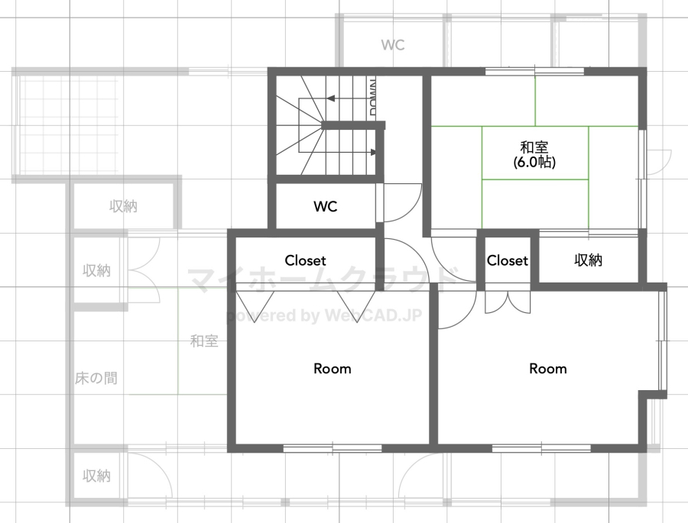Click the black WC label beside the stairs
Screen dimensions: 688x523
(325, 206)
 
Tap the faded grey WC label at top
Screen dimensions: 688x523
(393, 45)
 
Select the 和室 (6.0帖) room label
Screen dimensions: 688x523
(534, 154)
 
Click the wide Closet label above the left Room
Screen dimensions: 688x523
(305, 260)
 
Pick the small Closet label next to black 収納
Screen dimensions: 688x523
(508, 260)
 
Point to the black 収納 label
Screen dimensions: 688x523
(589, 260)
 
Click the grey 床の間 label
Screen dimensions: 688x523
(96, 378)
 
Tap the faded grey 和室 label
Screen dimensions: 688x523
(204, 341)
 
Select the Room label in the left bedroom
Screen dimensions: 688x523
(333, 369)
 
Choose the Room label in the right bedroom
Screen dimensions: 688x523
(547, 369)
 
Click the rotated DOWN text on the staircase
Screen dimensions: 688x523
(373, 97)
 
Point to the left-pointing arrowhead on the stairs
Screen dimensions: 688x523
(331, 98)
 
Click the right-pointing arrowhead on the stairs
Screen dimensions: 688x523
(373, 152)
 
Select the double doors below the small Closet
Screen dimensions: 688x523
(508, 302)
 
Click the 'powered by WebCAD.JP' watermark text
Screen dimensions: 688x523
(324, 315)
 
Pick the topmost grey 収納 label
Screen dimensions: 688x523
(123, 206)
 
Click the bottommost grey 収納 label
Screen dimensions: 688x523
(96, 476)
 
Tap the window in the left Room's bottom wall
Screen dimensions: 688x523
(333, 448)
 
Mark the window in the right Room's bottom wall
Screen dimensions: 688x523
(541, 448)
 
